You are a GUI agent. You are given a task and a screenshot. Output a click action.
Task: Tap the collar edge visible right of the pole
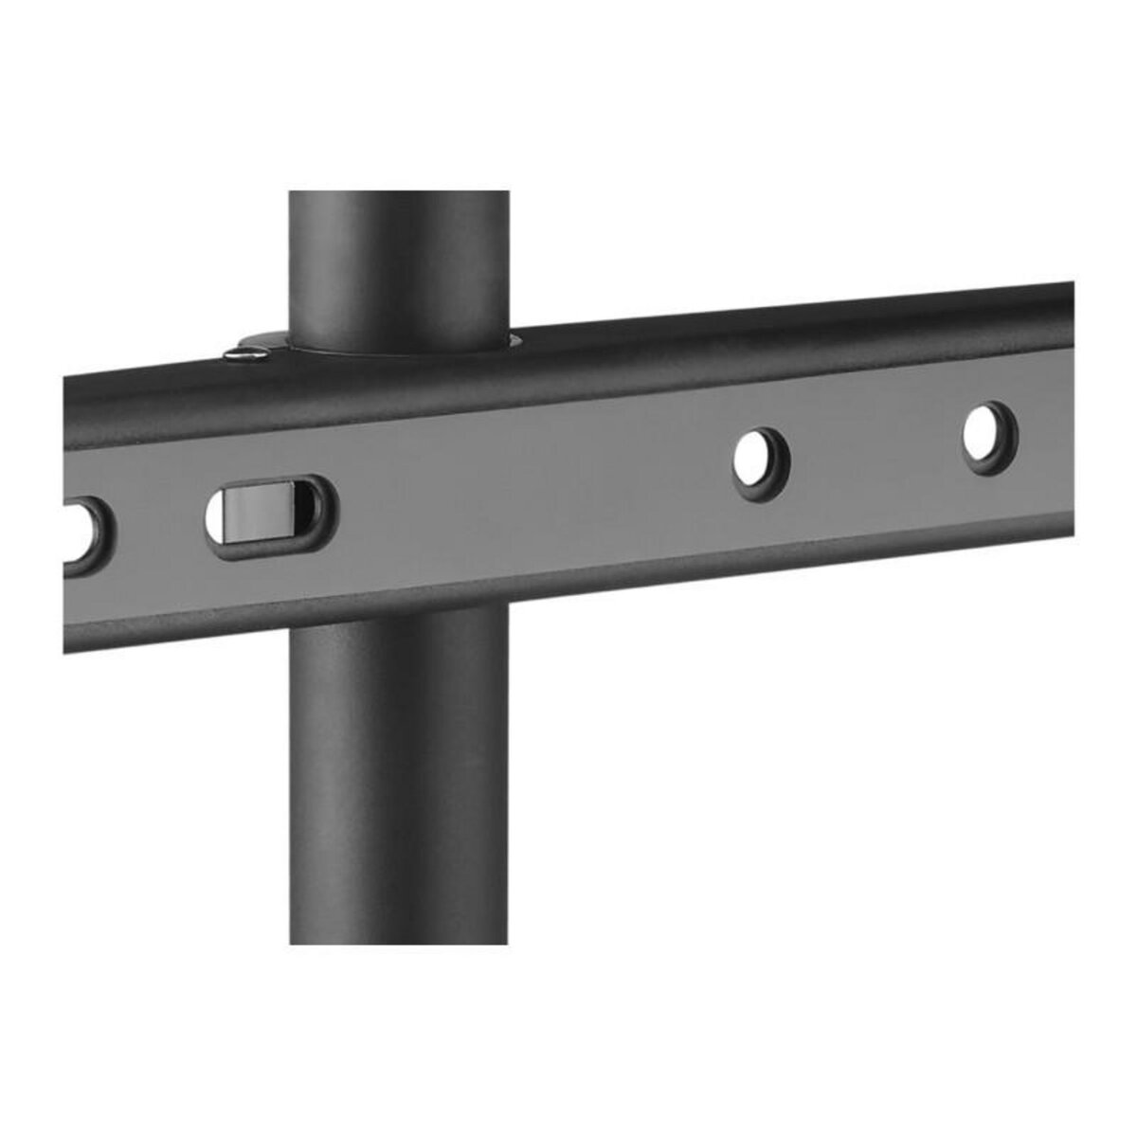[514, 338]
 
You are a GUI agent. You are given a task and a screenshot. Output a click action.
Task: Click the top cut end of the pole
[399, 193]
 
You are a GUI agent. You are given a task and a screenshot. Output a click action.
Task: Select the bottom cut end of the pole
[399, 940]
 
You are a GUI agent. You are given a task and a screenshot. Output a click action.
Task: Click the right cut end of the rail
[1071, 417]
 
